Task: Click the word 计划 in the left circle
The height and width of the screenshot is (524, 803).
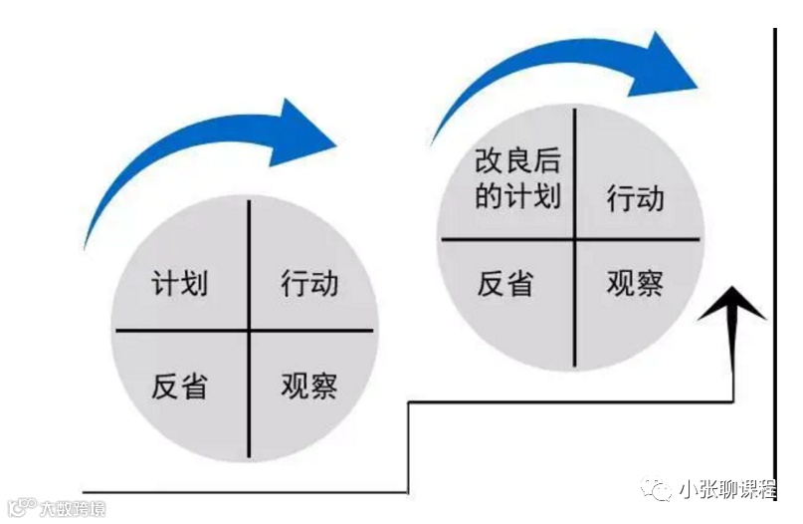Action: click(x=180, y=284)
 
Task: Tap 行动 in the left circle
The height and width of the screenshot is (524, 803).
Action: click(x=309, y=284)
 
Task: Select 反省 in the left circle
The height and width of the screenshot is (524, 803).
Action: click(x=180, y=385)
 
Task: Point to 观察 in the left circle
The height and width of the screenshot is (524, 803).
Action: click(x=309, y=385)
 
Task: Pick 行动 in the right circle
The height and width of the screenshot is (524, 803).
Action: click(x=636, y=198)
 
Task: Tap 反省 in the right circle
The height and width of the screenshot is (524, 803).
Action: click(x=504, y=284)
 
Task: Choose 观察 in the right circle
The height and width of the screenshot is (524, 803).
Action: click(x=636, y=284)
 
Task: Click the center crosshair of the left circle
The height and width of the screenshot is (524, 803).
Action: click(x=249, y=330)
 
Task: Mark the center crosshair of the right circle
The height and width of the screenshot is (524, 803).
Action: click(x=575, y=239)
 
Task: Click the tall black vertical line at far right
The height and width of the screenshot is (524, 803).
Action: click(x=774, y=259)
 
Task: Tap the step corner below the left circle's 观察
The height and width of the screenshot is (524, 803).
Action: click(x=409, y=403)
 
